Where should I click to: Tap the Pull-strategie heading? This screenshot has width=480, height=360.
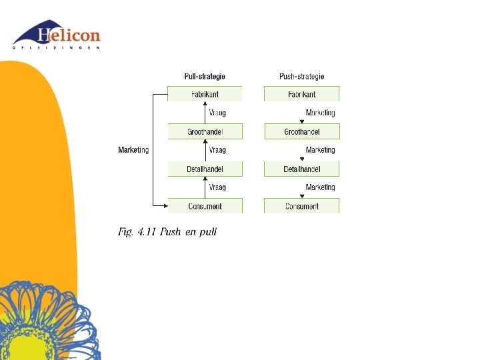[205, 77]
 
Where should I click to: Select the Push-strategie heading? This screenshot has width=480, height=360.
[301, 77]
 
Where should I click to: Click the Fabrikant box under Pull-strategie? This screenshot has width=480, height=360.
[205, 95]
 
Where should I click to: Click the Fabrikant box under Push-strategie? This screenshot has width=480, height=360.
[301, 95]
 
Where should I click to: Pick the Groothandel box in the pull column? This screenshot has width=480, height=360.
[205, 132]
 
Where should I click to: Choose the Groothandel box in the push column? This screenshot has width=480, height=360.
[301, 132]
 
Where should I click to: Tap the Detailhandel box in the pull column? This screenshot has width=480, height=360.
[205, 169]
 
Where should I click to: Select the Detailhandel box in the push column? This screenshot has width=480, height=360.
[301, 169]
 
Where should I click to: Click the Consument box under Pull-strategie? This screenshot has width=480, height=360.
[205, 207]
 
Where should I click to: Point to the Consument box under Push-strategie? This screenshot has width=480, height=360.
[301, 207]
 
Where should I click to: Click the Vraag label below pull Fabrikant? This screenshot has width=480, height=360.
[217, 113]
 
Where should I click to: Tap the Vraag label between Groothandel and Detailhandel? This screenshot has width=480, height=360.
[217, 151]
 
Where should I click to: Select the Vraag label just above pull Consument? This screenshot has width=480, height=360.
[217, 188]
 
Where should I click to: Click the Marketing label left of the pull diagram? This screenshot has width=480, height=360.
[133, 151]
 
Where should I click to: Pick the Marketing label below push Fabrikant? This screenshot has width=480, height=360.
[320, 113]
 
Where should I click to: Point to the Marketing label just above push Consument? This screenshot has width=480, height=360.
[320, 188]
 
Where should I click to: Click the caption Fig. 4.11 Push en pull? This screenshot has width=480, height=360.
[167, 232]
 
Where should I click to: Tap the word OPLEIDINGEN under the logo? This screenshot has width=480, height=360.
[57, 48]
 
